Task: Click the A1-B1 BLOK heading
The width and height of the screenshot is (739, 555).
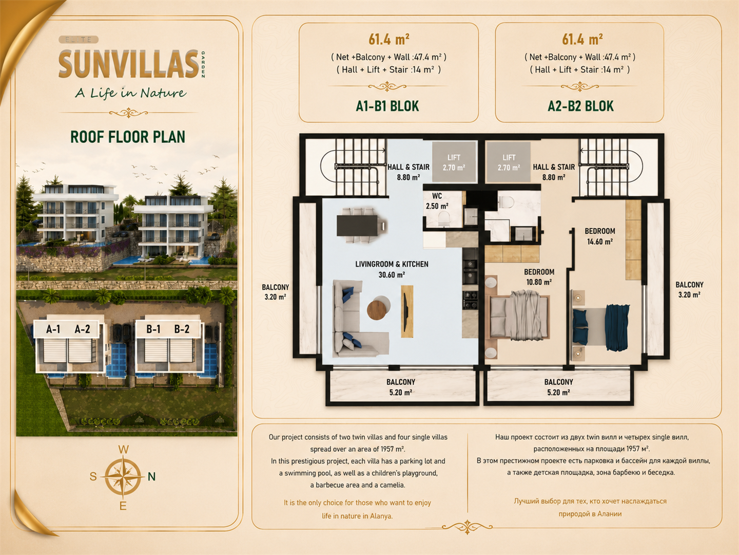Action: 387,106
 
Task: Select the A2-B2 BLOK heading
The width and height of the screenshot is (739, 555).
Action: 581,106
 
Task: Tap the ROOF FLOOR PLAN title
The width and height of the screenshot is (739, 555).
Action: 128,137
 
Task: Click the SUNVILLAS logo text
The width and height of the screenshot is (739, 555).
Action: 129,64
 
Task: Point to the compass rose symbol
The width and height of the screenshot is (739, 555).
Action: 123,476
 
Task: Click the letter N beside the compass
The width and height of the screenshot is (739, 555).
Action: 152,476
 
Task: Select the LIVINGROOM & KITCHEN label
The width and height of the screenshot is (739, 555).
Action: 392,269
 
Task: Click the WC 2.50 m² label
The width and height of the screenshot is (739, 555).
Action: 437,201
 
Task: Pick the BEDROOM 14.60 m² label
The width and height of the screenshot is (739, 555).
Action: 600,236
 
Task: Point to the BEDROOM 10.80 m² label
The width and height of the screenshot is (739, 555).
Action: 539,277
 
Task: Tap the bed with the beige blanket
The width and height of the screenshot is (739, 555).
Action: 520,315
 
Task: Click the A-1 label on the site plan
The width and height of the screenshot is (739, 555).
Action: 53,329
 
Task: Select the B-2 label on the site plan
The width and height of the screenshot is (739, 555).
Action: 182,329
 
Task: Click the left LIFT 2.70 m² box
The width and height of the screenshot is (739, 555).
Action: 454,162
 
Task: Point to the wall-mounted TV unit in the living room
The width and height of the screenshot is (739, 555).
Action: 407,311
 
